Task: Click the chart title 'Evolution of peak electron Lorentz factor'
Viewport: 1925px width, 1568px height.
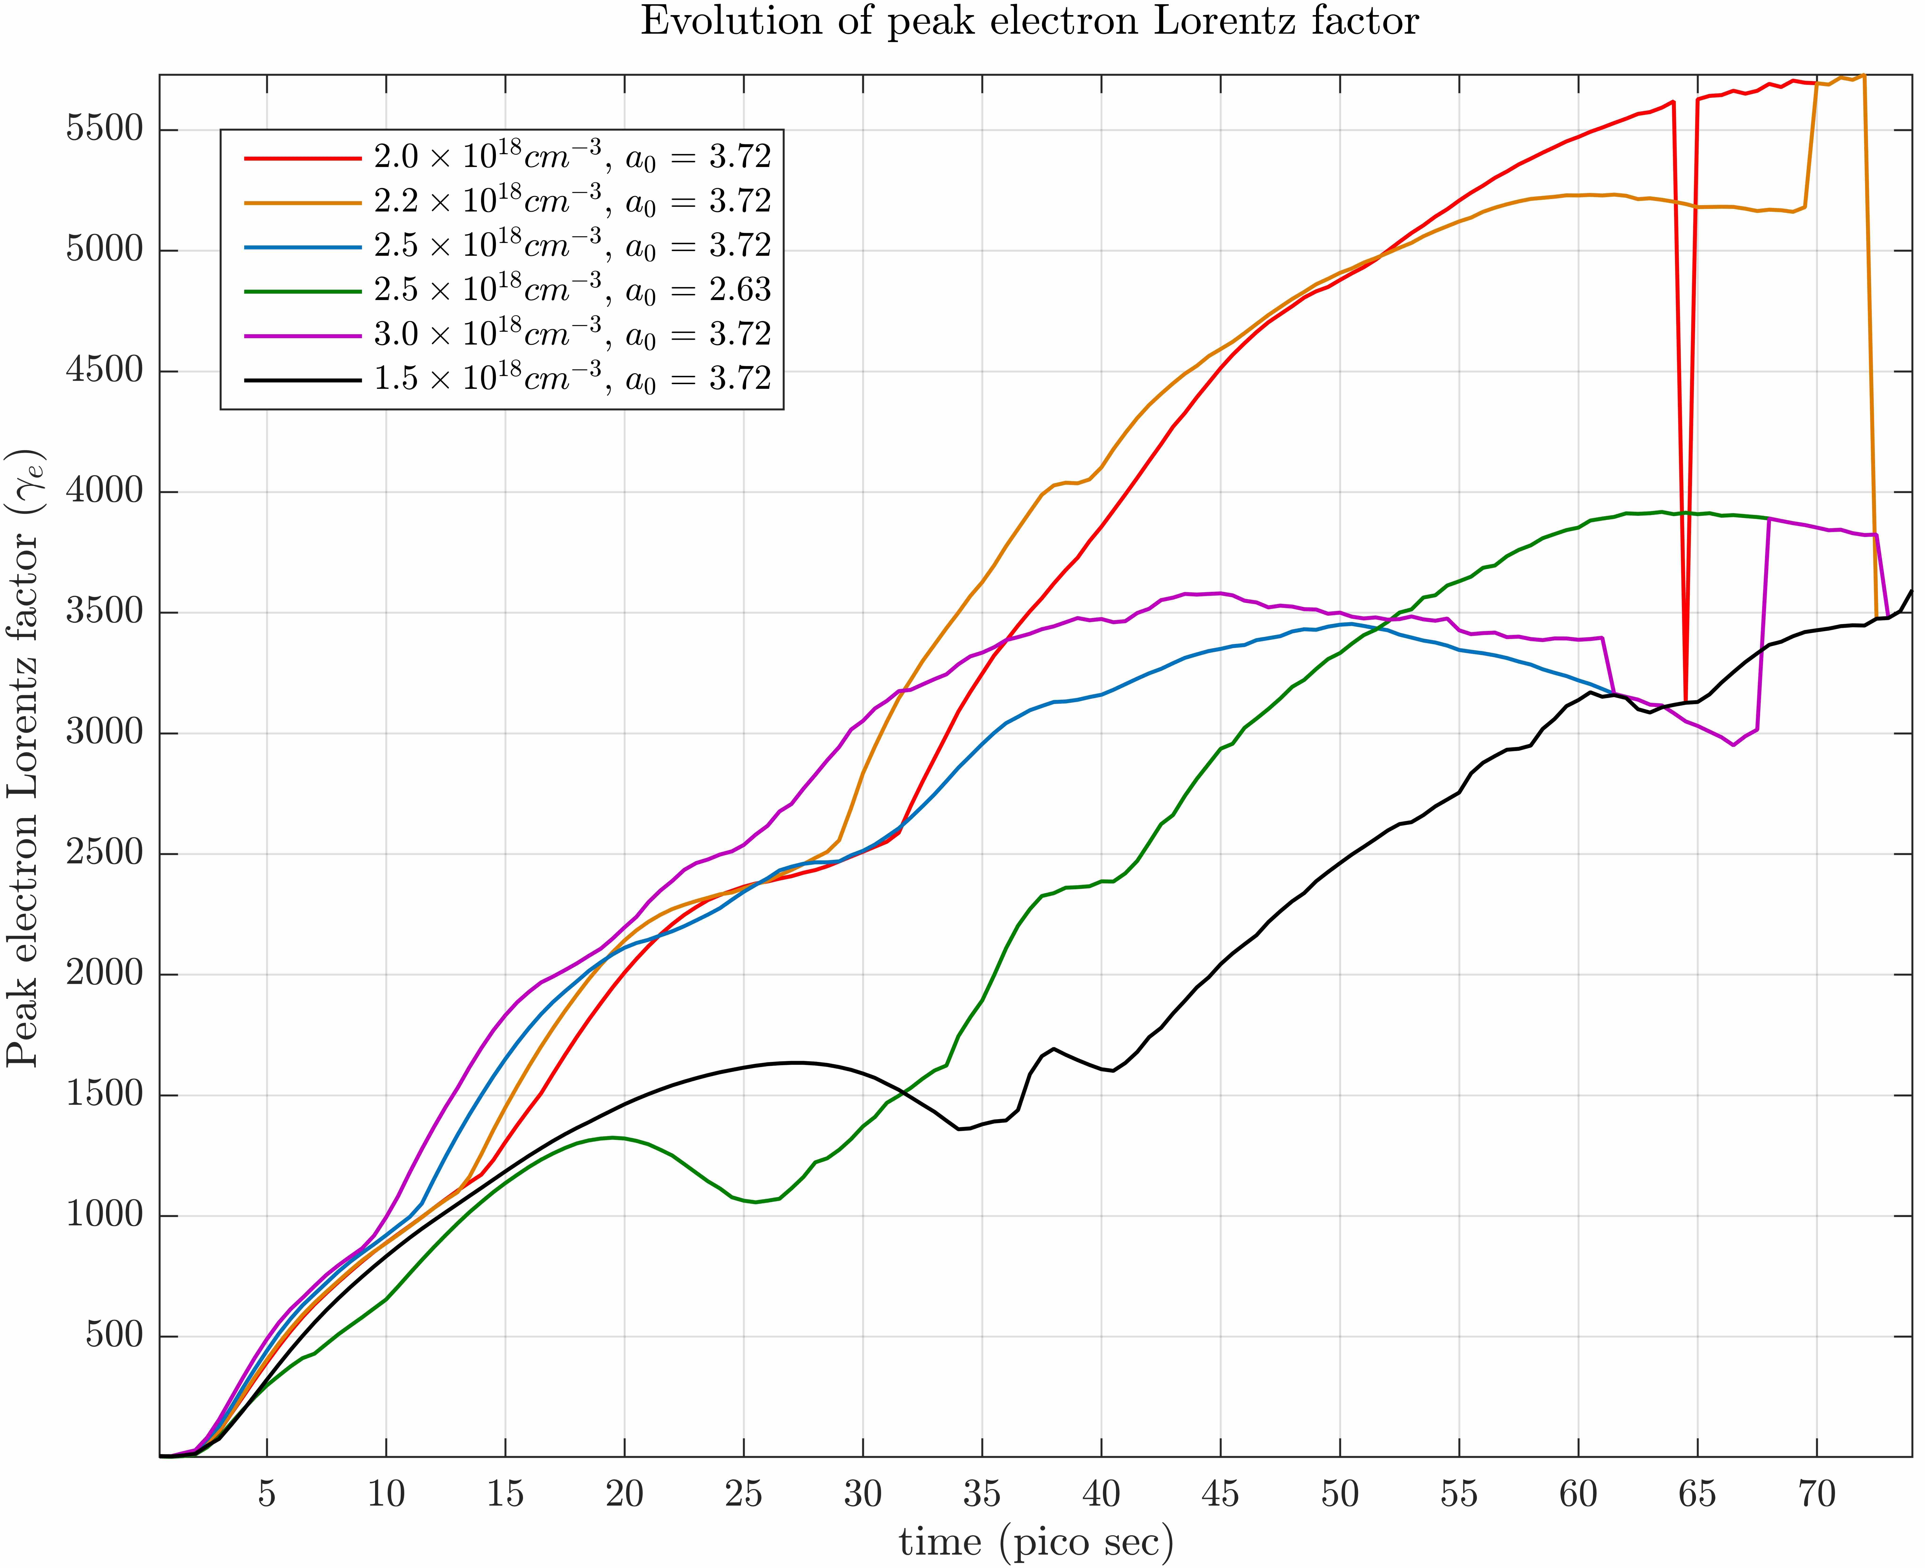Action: tap(1030, 22)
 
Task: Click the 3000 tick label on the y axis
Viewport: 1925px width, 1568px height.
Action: tap(105, 732)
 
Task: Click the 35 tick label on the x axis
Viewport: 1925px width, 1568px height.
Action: tap(982, 1495)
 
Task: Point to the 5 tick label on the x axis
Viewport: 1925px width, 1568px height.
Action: tap(266, 1495)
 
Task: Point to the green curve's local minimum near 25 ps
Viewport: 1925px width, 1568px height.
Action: tap(755, 1202)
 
